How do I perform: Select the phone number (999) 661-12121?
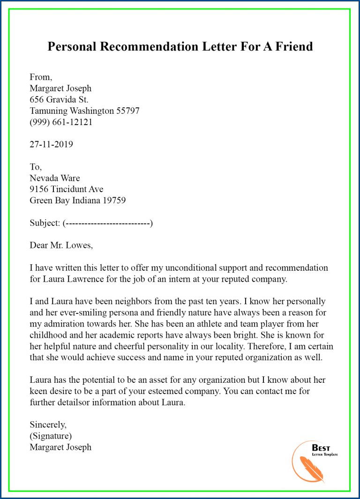[x=61, y=122]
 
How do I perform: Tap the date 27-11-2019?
[x=51, y=144]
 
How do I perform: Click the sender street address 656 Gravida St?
[x=59, y=99]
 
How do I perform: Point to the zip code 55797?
[x=127, y=111]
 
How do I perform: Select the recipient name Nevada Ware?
[x=55, y=178]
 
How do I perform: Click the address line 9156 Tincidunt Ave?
[x=66, y=189]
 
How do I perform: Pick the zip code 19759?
[x=113, y=201]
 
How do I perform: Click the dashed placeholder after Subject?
[x=108, y=223]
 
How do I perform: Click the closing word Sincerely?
[x=48, y=425]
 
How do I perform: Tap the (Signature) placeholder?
[x=51, y=436]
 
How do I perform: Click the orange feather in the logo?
[x=311, y=468]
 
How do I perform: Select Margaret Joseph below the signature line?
[x=60, y=447]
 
